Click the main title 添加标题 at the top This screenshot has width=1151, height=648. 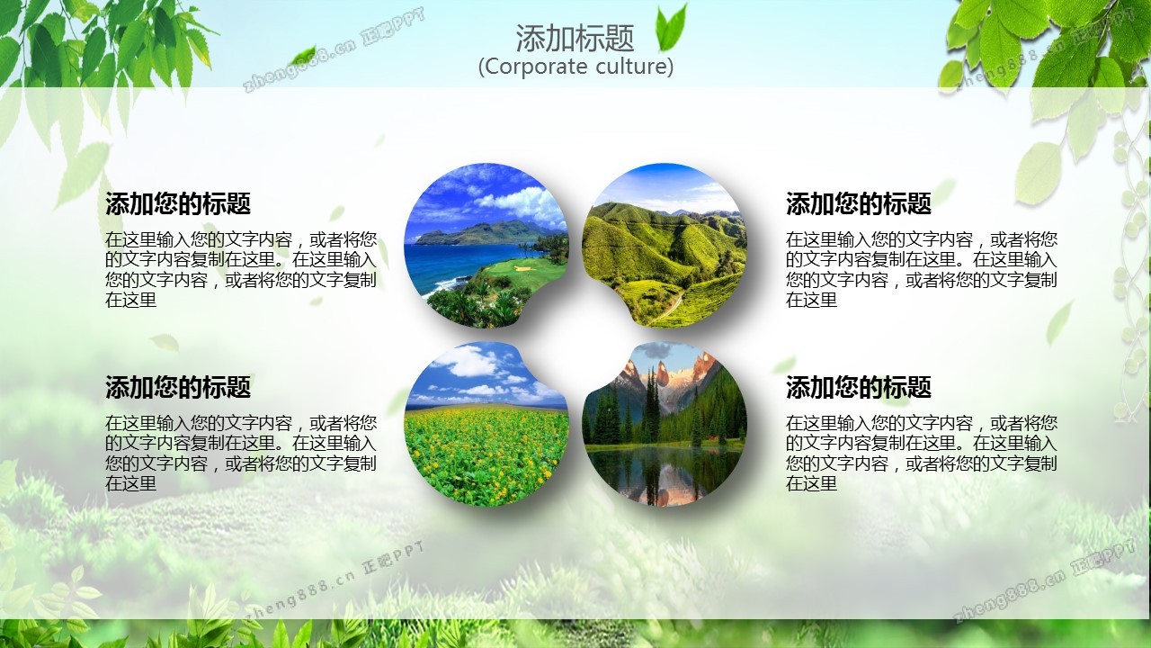(x=575, y=38)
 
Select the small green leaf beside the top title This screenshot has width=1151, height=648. (x=671, y=28)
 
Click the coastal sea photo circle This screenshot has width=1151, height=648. (x=486, y=246)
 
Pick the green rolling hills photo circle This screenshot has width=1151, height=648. (x=664, y=246)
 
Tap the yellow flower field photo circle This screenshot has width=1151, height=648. (x=486, y=424)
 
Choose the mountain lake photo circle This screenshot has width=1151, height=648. (x=664, y=424)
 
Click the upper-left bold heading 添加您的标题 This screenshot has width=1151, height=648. (x=178, y=203)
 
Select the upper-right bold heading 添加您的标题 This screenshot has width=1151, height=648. (x=858, y=203)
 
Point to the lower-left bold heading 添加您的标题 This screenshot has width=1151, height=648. (x=178, y=387)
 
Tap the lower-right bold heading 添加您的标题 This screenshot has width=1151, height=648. (x=858, y=387)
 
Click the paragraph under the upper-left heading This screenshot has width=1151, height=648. (x=241, y=269)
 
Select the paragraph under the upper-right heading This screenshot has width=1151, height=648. (x=922, y=269)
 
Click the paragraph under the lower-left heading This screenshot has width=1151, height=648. (x=241, y=453)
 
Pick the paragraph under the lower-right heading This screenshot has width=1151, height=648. (x=922, y=453)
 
